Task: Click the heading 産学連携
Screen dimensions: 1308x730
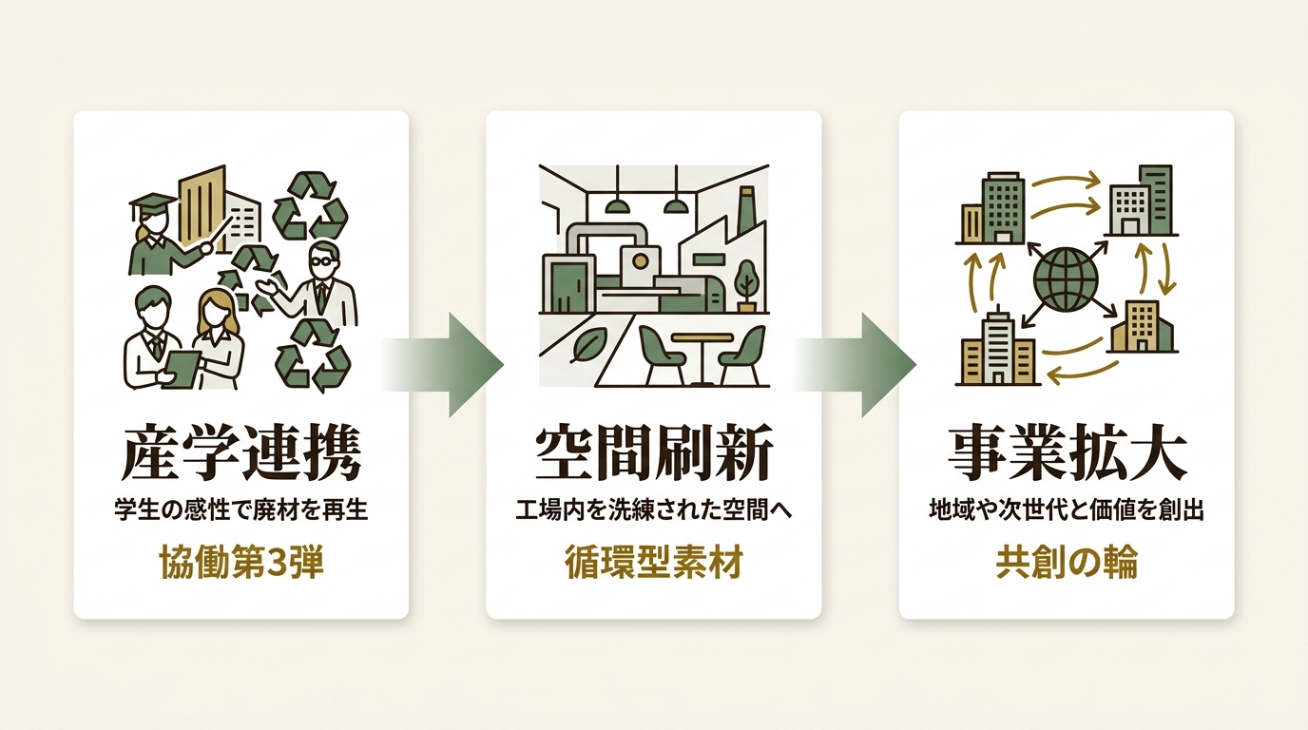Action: [241, 455]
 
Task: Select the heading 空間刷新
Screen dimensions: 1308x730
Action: [654, 455]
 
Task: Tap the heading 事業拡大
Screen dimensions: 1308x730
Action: [1067, 455]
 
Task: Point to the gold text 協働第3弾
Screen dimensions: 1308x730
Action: [241, 563]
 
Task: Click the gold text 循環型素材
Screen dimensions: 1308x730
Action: [654, 563]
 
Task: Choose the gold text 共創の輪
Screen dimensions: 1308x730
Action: [1067, 563]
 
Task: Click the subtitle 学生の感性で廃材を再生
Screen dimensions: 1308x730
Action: [241, 510]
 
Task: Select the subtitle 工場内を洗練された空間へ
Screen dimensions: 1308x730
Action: [654, 510]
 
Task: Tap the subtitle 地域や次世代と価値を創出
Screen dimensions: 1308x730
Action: [1067, 510]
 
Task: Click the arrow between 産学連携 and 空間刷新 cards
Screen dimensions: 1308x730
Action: [444, 364]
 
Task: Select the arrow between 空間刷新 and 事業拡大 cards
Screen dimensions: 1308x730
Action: [856, 364]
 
